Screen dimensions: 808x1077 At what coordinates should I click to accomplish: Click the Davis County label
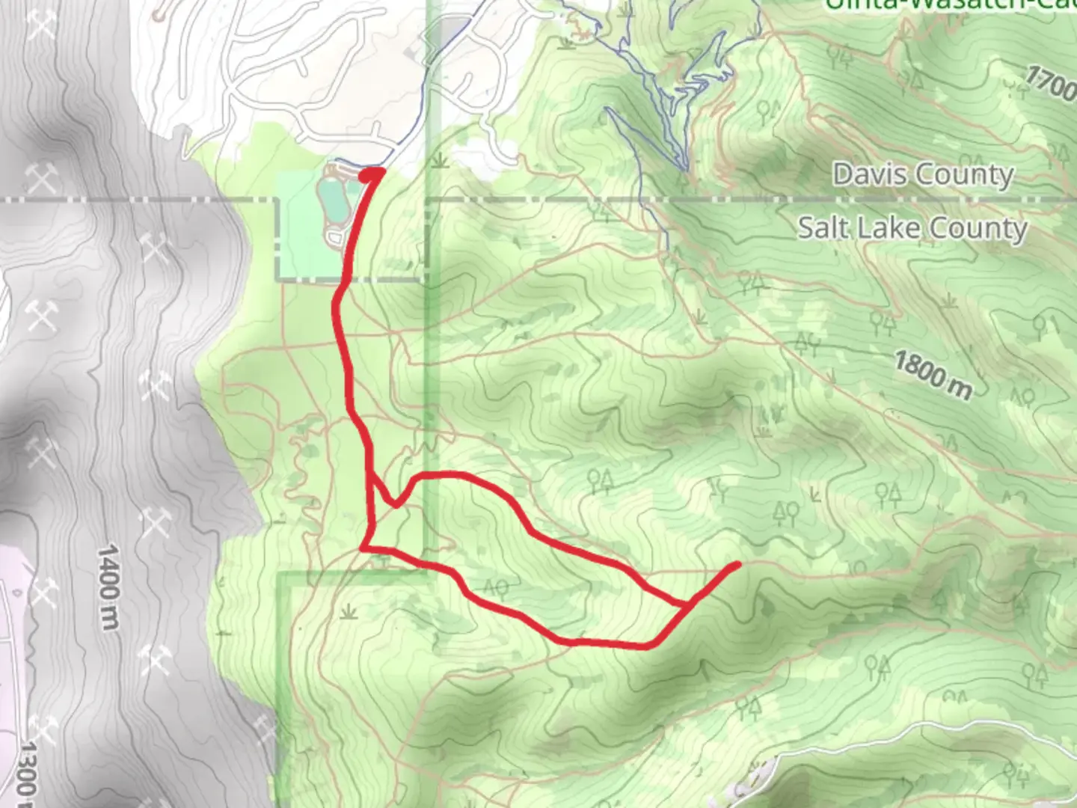pyautogui.click(x=923, y=175)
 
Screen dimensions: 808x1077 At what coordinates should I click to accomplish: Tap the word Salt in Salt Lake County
pyautogui.click(x=823, y=227)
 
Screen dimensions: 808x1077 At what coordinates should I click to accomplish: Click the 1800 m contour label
pyautogui.click(x=933, y=376)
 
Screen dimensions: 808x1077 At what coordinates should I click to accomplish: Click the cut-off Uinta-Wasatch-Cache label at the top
pyautogui.click(x=950, y=6)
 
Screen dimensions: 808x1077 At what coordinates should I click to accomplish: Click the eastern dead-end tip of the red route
pyautogui.click(x=737, y=564)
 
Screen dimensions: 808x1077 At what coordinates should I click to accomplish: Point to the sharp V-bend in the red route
pyautogui.click(x=395, y=504)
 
